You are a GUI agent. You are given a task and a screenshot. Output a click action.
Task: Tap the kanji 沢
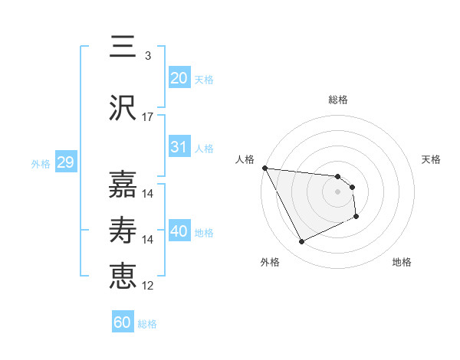coord(123,108)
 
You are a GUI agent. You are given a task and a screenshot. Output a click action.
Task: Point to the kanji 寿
coord(123,231)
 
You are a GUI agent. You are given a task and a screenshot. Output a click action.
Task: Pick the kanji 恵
coord(123,276)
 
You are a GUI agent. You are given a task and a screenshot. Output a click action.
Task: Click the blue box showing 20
coord(179,77)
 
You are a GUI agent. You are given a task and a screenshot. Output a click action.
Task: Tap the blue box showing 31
coord(179,147)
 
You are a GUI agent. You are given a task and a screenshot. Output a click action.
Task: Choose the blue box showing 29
coord(65,162)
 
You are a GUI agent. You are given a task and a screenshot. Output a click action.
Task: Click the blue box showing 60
coord(123,322)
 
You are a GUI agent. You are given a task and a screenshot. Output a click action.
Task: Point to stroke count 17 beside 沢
coord(148,117)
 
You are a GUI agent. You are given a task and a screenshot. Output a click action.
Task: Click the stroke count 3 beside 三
coord(147,56)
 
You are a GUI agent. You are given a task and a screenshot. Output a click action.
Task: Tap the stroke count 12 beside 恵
coord(148,286)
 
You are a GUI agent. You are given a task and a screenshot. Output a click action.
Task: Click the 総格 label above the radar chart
coord(338,100)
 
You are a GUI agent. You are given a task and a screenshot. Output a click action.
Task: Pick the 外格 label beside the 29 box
coord(41,163)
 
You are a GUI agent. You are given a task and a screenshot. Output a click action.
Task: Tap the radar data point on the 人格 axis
coord(264,168)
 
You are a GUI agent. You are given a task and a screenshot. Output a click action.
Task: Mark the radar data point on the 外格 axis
coord(301,242)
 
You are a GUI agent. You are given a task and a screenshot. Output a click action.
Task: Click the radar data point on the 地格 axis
coord(356,218)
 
